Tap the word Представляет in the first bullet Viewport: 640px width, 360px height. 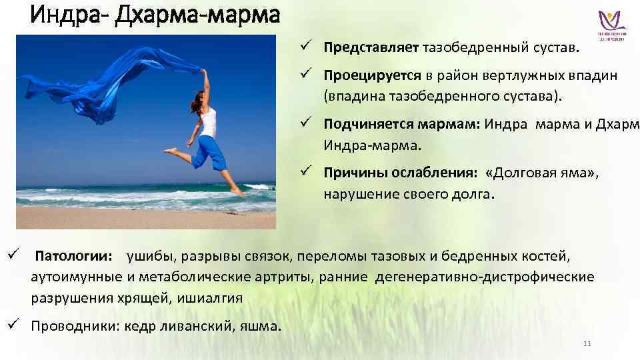[371, 48]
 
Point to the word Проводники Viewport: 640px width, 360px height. [67, 326]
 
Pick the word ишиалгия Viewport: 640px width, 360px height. [215, 297]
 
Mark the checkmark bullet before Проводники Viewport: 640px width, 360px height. [13, 325]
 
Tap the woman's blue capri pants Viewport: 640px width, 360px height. [207, 153]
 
